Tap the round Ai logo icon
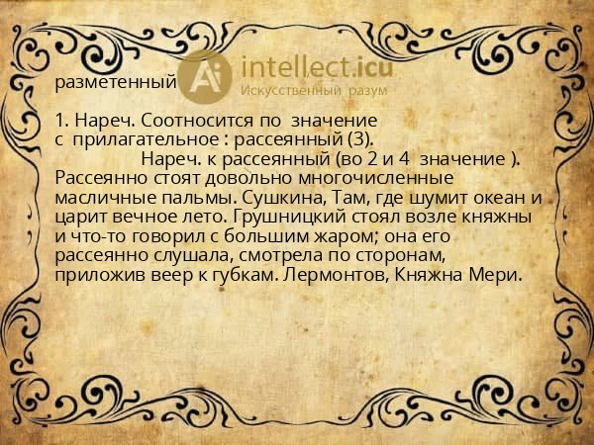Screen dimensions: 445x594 coord(206,75)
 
